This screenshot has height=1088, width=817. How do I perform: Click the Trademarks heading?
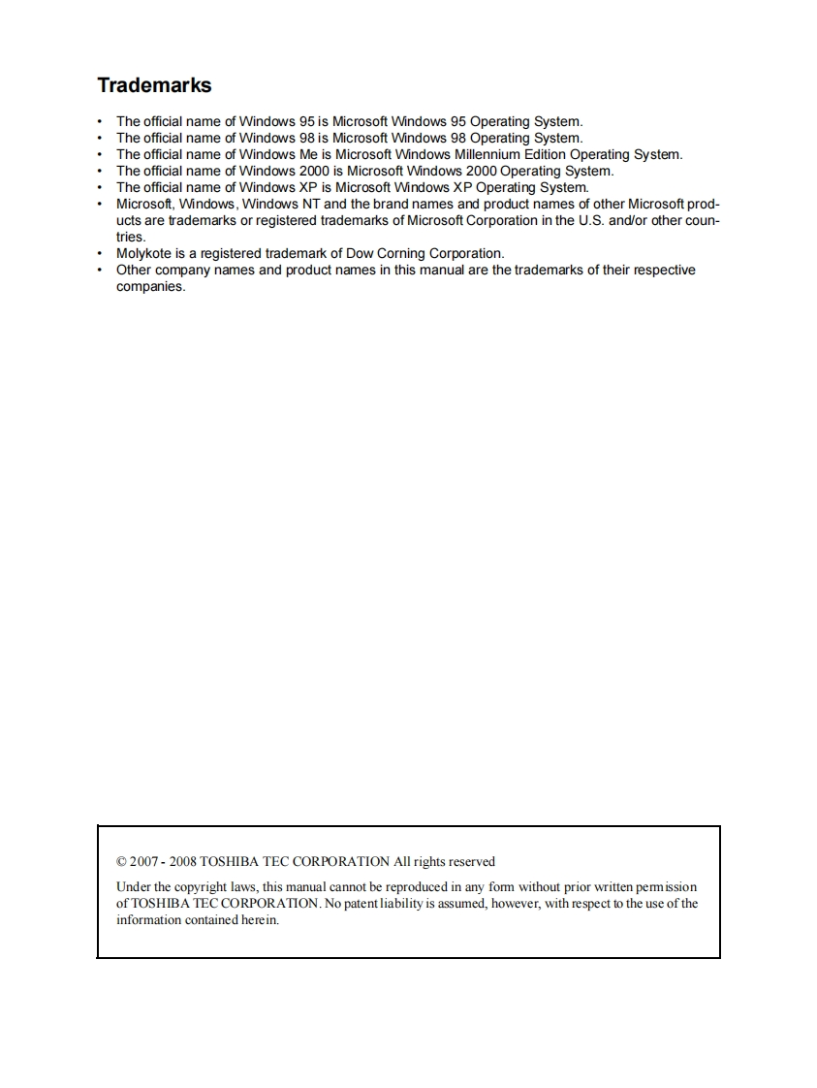[x=154, y=85]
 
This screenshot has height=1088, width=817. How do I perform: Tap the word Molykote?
[x=144, y=254]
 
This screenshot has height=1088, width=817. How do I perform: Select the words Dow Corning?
[x=387, y=254]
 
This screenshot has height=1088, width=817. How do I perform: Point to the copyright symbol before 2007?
[x=121, y=861]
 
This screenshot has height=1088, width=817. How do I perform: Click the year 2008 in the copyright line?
[x=183, y=861]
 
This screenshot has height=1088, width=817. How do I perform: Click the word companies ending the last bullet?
[x=150, y=287]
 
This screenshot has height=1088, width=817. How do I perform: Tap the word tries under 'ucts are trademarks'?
[x=131, y=237]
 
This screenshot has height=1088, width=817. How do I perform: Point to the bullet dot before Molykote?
[x=100, y=254]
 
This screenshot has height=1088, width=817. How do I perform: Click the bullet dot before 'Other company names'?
[x=100, y=271]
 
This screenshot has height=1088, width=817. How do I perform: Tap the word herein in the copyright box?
[x=259, y=920]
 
